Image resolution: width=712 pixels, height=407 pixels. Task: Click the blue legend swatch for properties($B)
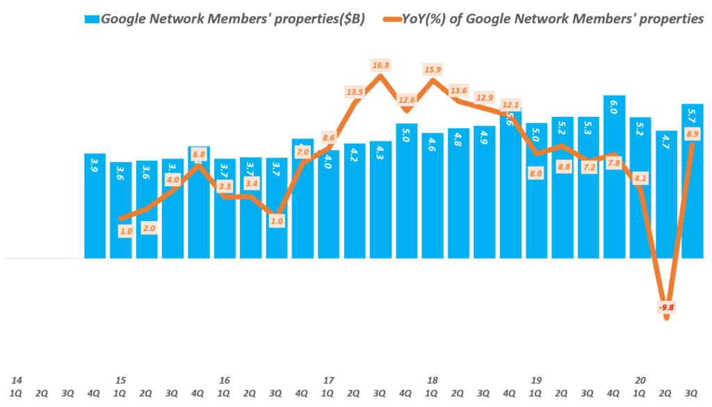(92, 19)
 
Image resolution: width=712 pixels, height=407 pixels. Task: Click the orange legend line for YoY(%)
(391, 19)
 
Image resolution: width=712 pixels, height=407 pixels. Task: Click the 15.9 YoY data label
(432, 70)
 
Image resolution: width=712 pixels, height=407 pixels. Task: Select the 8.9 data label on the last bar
(693, 134)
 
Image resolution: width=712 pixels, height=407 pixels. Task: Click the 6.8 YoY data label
(198, 154)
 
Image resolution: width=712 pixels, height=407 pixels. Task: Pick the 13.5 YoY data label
(355, 92)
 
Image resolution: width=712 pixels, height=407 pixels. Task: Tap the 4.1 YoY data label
(640, 178)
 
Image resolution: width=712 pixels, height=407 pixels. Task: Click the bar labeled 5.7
(693, 181)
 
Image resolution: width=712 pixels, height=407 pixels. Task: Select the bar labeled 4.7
(666, 195)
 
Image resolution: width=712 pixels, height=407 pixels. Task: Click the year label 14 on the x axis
(17, 381)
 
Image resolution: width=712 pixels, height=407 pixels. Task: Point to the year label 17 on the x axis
(328, 381)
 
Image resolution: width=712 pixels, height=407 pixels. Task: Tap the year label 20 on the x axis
(640, 381)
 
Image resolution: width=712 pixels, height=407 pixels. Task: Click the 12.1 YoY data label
(510, 105)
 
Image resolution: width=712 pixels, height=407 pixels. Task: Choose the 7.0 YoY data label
(302, 152)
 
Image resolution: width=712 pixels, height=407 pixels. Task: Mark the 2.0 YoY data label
(147, 228)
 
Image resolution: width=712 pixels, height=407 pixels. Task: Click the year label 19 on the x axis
(536, 381)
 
